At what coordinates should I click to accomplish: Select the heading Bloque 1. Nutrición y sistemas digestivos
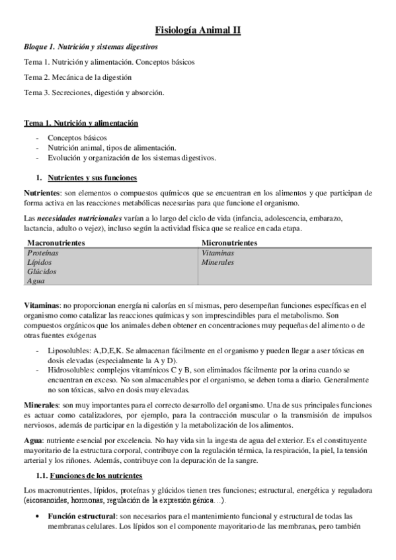coord(91,48)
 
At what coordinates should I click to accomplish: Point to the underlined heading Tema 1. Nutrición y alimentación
coord(81,123)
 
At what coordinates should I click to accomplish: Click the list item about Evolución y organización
coord(131,157)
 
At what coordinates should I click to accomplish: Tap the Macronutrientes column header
coord(56,243)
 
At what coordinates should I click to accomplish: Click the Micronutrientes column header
coord(229,243)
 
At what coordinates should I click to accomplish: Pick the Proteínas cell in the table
coord(43,253)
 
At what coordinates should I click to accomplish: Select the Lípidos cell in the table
coord(39,262)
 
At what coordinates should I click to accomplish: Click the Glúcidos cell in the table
coord(42,271)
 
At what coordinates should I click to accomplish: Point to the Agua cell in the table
coord(36,281)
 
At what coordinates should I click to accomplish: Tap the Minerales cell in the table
coord(218,262)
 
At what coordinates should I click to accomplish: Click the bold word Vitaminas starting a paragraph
coord(42,304)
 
